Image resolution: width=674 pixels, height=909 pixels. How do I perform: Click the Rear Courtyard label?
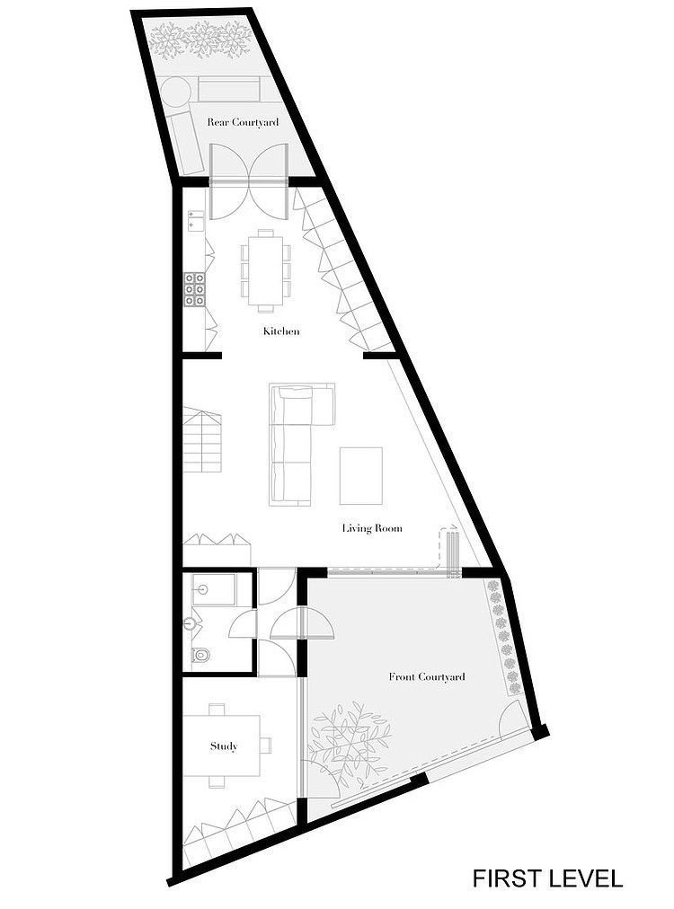[243, 122]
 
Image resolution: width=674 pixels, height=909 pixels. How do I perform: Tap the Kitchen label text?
[281, 331]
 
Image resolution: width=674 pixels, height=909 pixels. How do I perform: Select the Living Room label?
[372, 528]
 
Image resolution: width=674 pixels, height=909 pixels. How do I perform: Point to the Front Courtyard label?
[427, 676]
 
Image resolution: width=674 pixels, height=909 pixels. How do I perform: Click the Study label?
[224, 746]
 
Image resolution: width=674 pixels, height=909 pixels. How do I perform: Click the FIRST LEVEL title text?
[547, 878]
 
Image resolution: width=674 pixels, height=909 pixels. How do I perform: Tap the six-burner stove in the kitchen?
[196, 288]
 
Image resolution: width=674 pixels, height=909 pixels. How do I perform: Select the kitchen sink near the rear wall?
[194, 218]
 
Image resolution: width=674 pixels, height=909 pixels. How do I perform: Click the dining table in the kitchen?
[266, 270]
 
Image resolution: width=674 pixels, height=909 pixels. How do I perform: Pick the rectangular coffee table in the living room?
[360, 475]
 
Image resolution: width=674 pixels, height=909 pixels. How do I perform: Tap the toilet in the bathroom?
[200, 656]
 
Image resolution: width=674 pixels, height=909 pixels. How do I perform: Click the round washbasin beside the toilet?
[191, 624]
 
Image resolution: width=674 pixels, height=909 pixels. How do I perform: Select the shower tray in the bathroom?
[213, 589]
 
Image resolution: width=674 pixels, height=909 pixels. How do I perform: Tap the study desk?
[222, 746]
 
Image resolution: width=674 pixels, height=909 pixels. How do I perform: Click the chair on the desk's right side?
[266, 745]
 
